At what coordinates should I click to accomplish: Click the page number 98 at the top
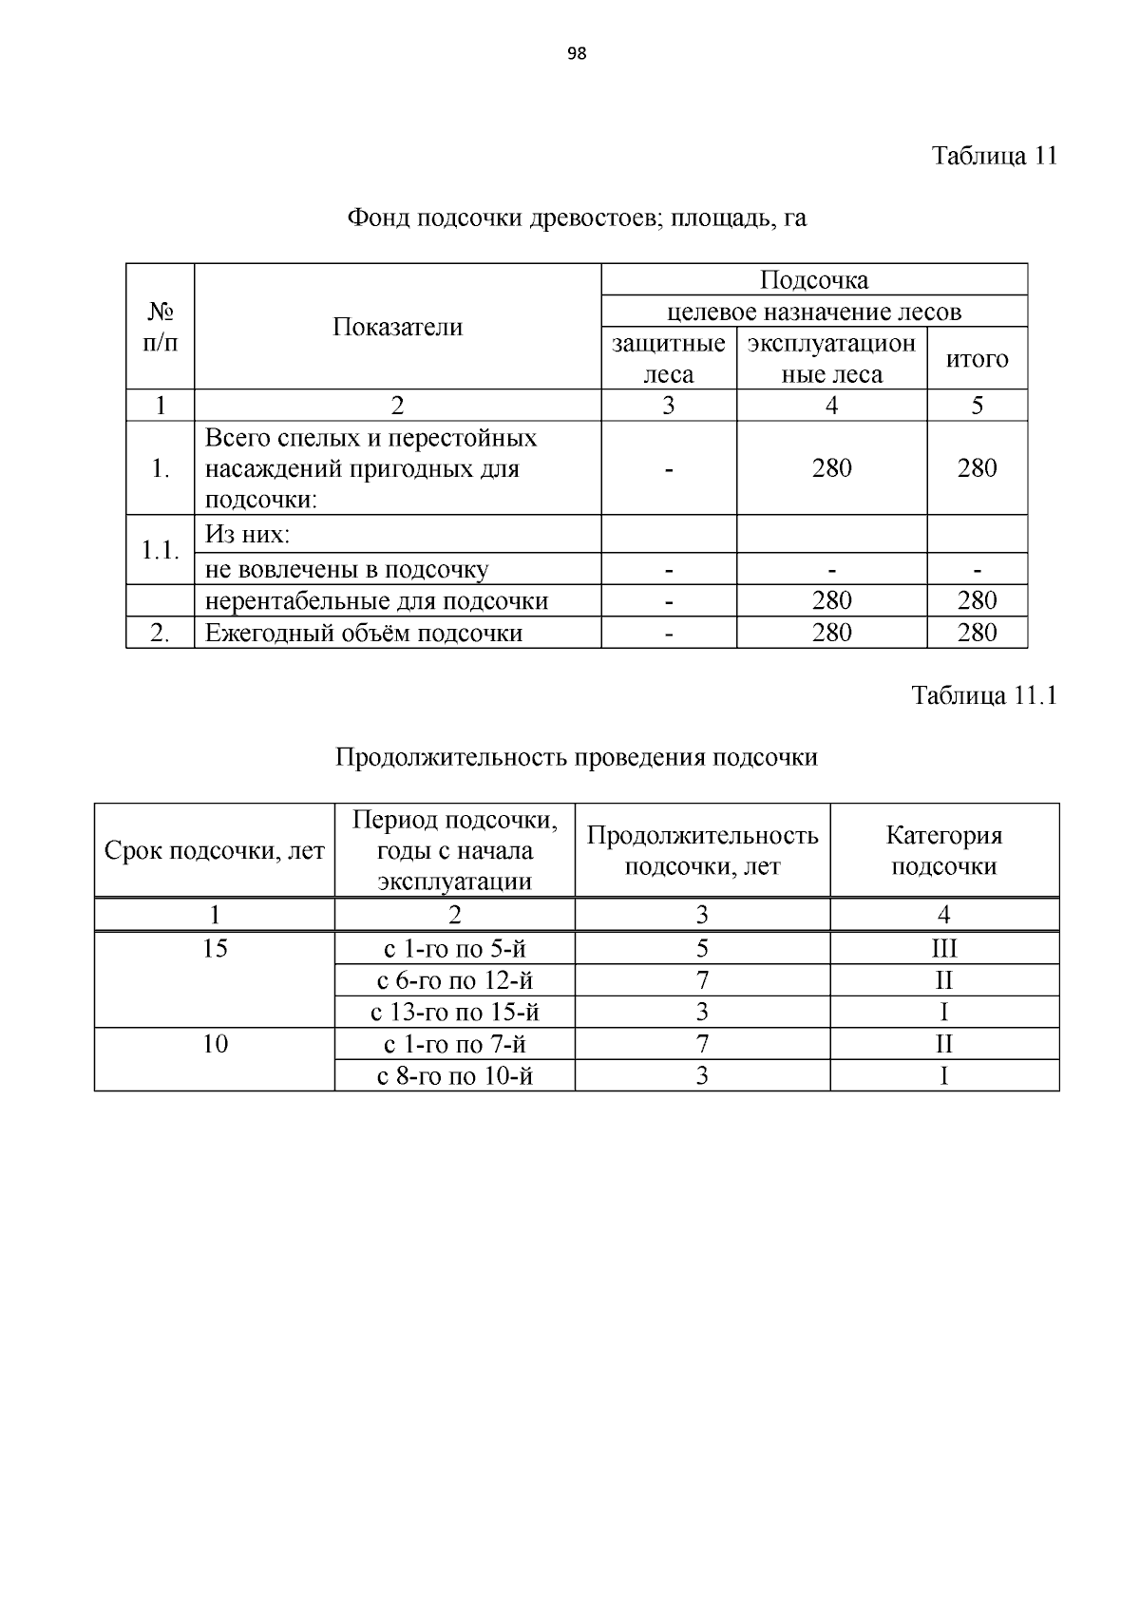click(576, 54)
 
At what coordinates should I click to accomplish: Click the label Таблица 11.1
click(984, 695)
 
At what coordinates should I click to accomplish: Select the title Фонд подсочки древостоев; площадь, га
click(577, 218)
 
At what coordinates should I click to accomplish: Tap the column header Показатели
click(397, 327)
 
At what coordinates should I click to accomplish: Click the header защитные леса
click(668, 358)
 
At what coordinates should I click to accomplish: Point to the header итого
click(977, 359)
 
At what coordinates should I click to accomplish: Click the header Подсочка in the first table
click(814, 280)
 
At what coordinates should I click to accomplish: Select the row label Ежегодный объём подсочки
click(364, 633)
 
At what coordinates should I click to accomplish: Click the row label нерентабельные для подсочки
click(376, 600)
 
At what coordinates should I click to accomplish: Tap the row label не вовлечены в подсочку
click(347, 569)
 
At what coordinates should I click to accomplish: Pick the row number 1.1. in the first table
click(160, 550)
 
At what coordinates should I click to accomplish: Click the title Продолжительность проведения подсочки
click(576, 757)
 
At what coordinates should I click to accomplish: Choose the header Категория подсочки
click(943, 850)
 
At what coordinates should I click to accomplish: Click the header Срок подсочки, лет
click(215, 851)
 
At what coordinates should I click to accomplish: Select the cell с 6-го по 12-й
click(454, 979)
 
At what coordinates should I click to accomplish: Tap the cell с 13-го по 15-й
click(454, 1012)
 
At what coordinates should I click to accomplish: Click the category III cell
click(943, 948)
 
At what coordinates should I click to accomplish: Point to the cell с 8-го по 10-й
click(454, 1075)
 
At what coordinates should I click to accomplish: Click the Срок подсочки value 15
click(215, 948)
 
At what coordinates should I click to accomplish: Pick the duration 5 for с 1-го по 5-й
click(702, 948)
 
